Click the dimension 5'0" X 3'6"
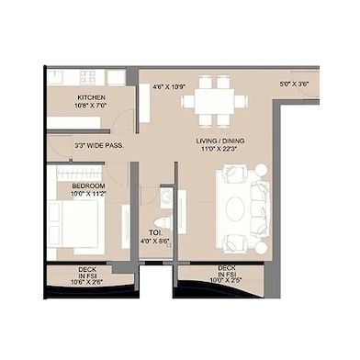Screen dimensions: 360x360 (294, 84)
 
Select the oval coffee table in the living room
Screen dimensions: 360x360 (236, 206)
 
